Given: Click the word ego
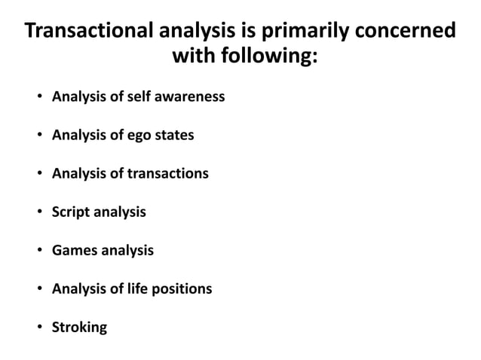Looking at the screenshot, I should pos(142,136).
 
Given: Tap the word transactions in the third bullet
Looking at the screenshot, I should pos(167,174).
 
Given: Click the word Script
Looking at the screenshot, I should pos(70,212).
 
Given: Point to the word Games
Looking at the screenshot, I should pos(73,250).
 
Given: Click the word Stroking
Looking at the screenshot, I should pos(79,327).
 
